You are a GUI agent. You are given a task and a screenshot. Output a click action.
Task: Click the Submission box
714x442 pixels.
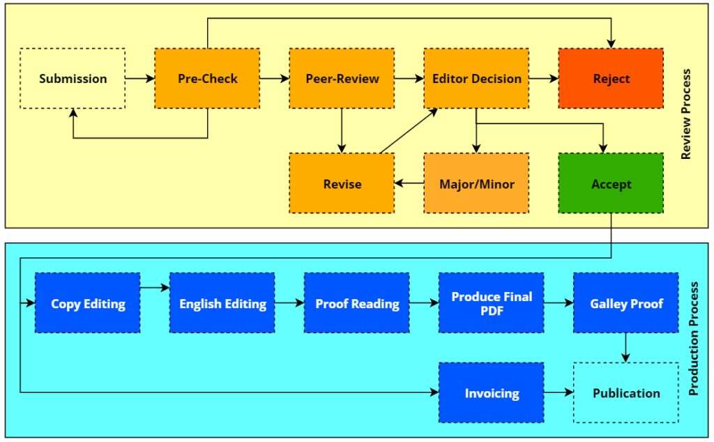[73, 78]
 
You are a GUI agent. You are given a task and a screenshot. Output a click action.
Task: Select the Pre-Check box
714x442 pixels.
[207, 78]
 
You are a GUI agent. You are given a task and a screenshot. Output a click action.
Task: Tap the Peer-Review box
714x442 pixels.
[342, 78]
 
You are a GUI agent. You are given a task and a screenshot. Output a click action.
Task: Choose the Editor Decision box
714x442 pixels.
[476, 78]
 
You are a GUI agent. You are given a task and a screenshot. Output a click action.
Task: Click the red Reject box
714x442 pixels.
[611, 78]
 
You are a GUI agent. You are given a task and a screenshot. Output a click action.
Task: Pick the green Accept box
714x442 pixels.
[611, 183]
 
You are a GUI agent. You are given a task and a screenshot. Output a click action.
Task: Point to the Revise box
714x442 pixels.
[342, 183]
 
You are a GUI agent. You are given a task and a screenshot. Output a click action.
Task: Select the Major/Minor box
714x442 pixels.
[476, 183]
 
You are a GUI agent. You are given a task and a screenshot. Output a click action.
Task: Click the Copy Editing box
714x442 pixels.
[88, 303]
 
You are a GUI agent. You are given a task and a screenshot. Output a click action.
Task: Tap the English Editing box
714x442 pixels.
[222, 303]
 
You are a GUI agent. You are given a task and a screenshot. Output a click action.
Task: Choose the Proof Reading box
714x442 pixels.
[357, 303]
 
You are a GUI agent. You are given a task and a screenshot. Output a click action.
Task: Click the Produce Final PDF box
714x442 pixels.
[492, 303]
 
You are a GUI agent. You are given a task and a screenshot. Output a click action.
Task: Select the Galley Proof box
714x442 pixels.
[626, 303]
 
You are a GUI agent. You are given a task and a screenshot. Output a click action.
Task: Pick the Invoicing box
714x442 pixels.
[492, 393]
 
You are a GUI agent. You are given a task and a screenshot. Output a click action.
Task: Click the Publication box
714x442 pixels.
[626, 393]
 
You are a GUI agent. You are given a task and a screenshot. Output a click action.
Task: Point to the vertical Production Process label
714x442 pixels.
[693, 340]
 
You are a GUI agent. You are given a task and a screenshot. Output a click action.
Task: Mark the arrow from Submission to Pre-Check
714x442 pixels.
[140, 78]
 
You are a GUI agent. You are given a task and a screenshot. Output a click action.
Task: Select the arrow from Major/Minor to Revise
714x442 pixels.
[409, 183]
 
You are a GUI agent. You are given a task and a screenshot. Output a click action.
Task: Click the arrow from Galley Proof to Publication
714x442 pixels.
[626, 347]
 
